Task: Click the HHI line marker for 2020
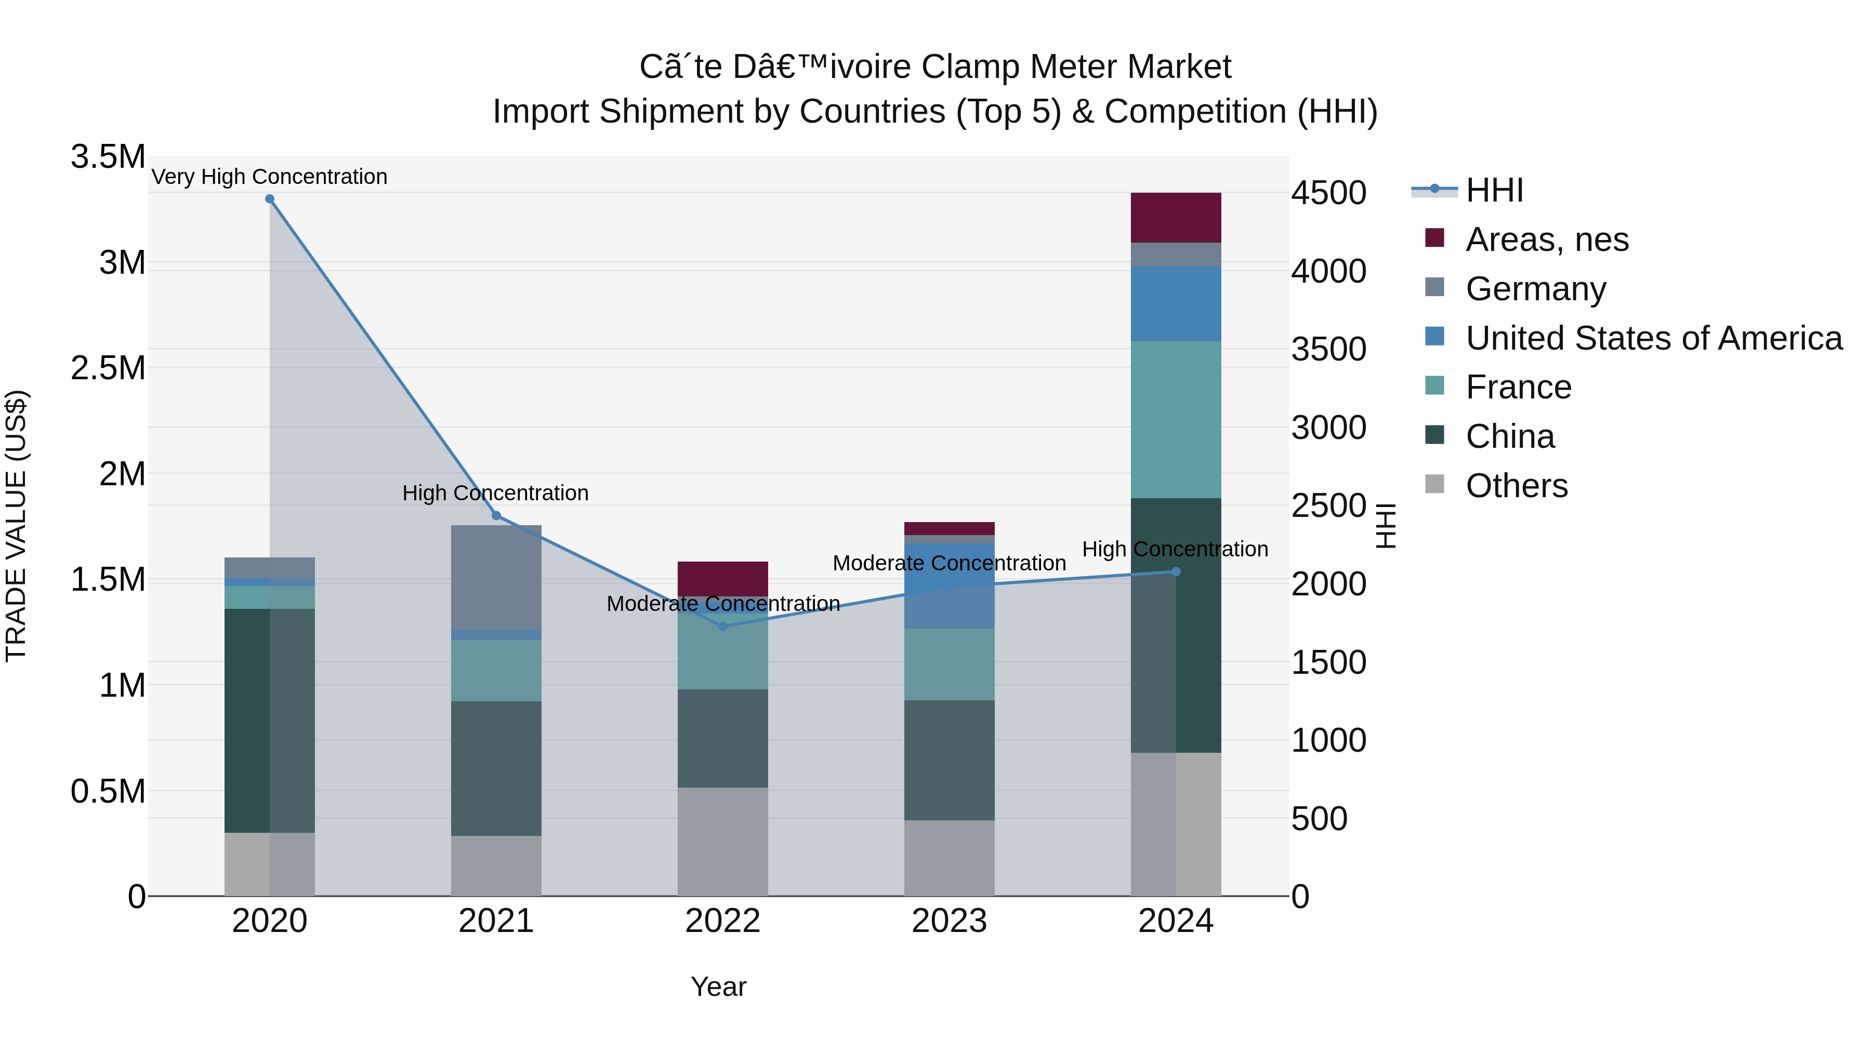click(269, 199)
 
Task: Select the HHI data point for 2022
click(723, 627)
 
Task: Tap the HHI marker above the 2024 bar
click(1176, 572)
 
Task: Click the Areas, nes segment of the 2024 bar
click(1176, 218)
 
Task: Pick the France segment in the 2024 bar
click(1176, 420)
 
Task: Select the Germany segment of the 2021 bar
click(496, 577)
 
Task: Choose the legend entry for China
click(1509, 436)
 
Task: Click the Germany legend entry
click(1535, 289)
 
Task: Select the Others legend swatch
click(1434, 484)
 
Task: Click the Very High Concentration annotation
click(269, 177)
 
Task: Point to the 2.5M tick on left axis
click(108, 368)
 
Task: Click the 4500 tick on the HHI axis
click(1328, 193)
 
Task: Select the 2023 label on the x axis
click(950, 921)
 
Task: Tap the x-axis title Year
click(718, 987)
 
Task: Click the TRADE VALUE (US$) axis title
click(16, 526)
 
